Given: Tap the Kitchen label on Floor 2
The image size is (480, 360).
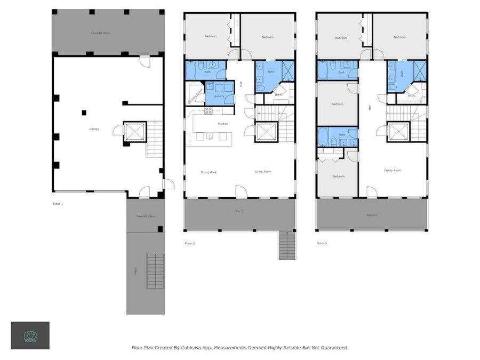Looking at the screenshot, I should (223, 124).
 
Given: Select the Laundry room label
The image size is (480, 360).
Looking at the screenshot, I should (219, 97).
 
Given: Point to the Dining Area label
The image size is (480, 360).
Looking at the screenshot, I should (209, 172).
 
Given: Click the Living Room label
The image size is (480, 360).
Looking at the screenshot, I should (262, 172).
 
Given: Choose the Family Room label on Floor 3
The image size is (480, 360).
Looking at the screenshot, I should (393, 170).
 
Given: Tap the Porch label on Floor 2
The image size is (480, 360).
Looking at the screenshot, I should (239, 211).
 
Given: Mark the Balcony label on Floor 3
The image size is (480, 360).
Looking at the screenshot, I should (372, 215).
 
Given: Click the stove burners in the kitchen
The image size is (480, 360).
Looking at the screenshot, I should (209, 111).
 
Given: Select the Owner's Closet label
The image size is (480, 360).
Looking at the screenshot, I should (195, 97).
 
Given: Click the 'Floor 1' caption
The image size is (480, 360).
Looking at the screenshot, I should (58, 204).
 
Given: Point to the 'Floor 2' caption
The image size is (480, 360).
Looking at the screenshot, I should (190, 243).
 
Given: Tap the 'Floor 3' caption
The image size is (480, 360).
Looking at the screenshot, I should (322, 243).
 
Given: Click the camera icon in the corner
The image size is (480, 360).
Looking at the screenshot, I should (30, 335).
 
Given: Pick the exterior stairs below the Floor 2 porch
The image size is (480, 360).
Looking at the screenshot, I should (286, 246).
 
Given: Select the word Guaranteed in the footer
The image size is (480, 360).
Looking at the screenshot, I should (332, 348).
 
